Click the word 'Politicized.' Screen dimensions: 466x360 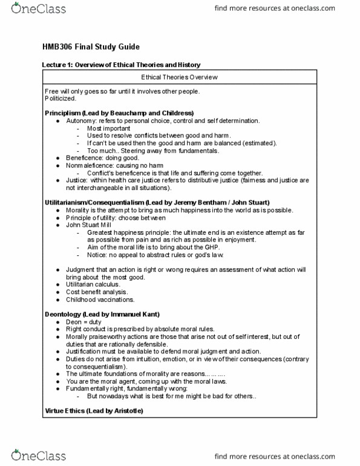tap(61, 98)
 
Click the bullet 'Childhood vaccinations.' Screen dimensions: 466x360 tap(100, 299)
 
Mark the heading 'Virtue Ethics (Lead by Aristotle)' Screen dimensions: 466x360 tap(94, 411)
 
